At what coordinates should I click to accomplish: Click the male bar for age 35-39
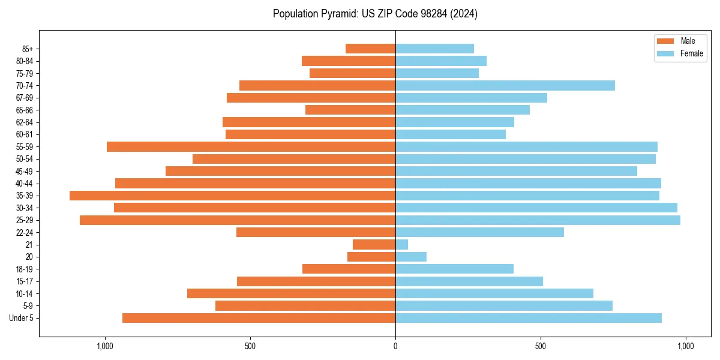click(233, 196)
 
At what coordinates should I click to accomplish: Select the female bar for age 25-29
click(538, 220)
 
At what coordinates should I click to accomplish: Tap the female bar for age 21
click(401, 245)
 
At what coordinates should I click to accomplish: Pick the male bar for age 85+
click(371, 49)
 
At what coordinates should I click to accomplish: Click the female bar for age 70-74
click(505, 85)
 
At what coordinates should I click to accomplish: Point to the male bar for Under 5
click(259, 318)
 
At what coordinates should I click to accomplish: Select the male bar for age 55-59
click(251, 146)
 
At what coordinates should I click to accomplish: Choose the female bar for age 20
click(411, 257)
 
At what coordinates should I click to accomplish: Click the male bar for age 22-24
click(316, 232)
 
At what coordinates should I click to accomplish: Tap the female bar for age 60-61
click(451, 134)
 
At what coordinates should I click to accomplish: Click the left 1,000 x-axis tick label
click(105, 346)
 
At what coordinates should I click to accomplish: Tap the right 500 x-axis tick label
click(541, 346)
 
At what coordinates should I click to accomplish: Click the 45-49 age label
click(25, 171)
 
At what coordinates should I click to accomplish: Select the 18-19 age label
click(25, 269)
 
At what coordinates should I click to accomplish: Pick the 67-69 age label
click(25, 98)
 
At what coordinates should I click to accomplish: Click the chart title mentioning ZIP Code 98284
click(375, 14)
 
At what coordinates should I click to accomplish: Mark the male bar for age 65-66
click(350, 110)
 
